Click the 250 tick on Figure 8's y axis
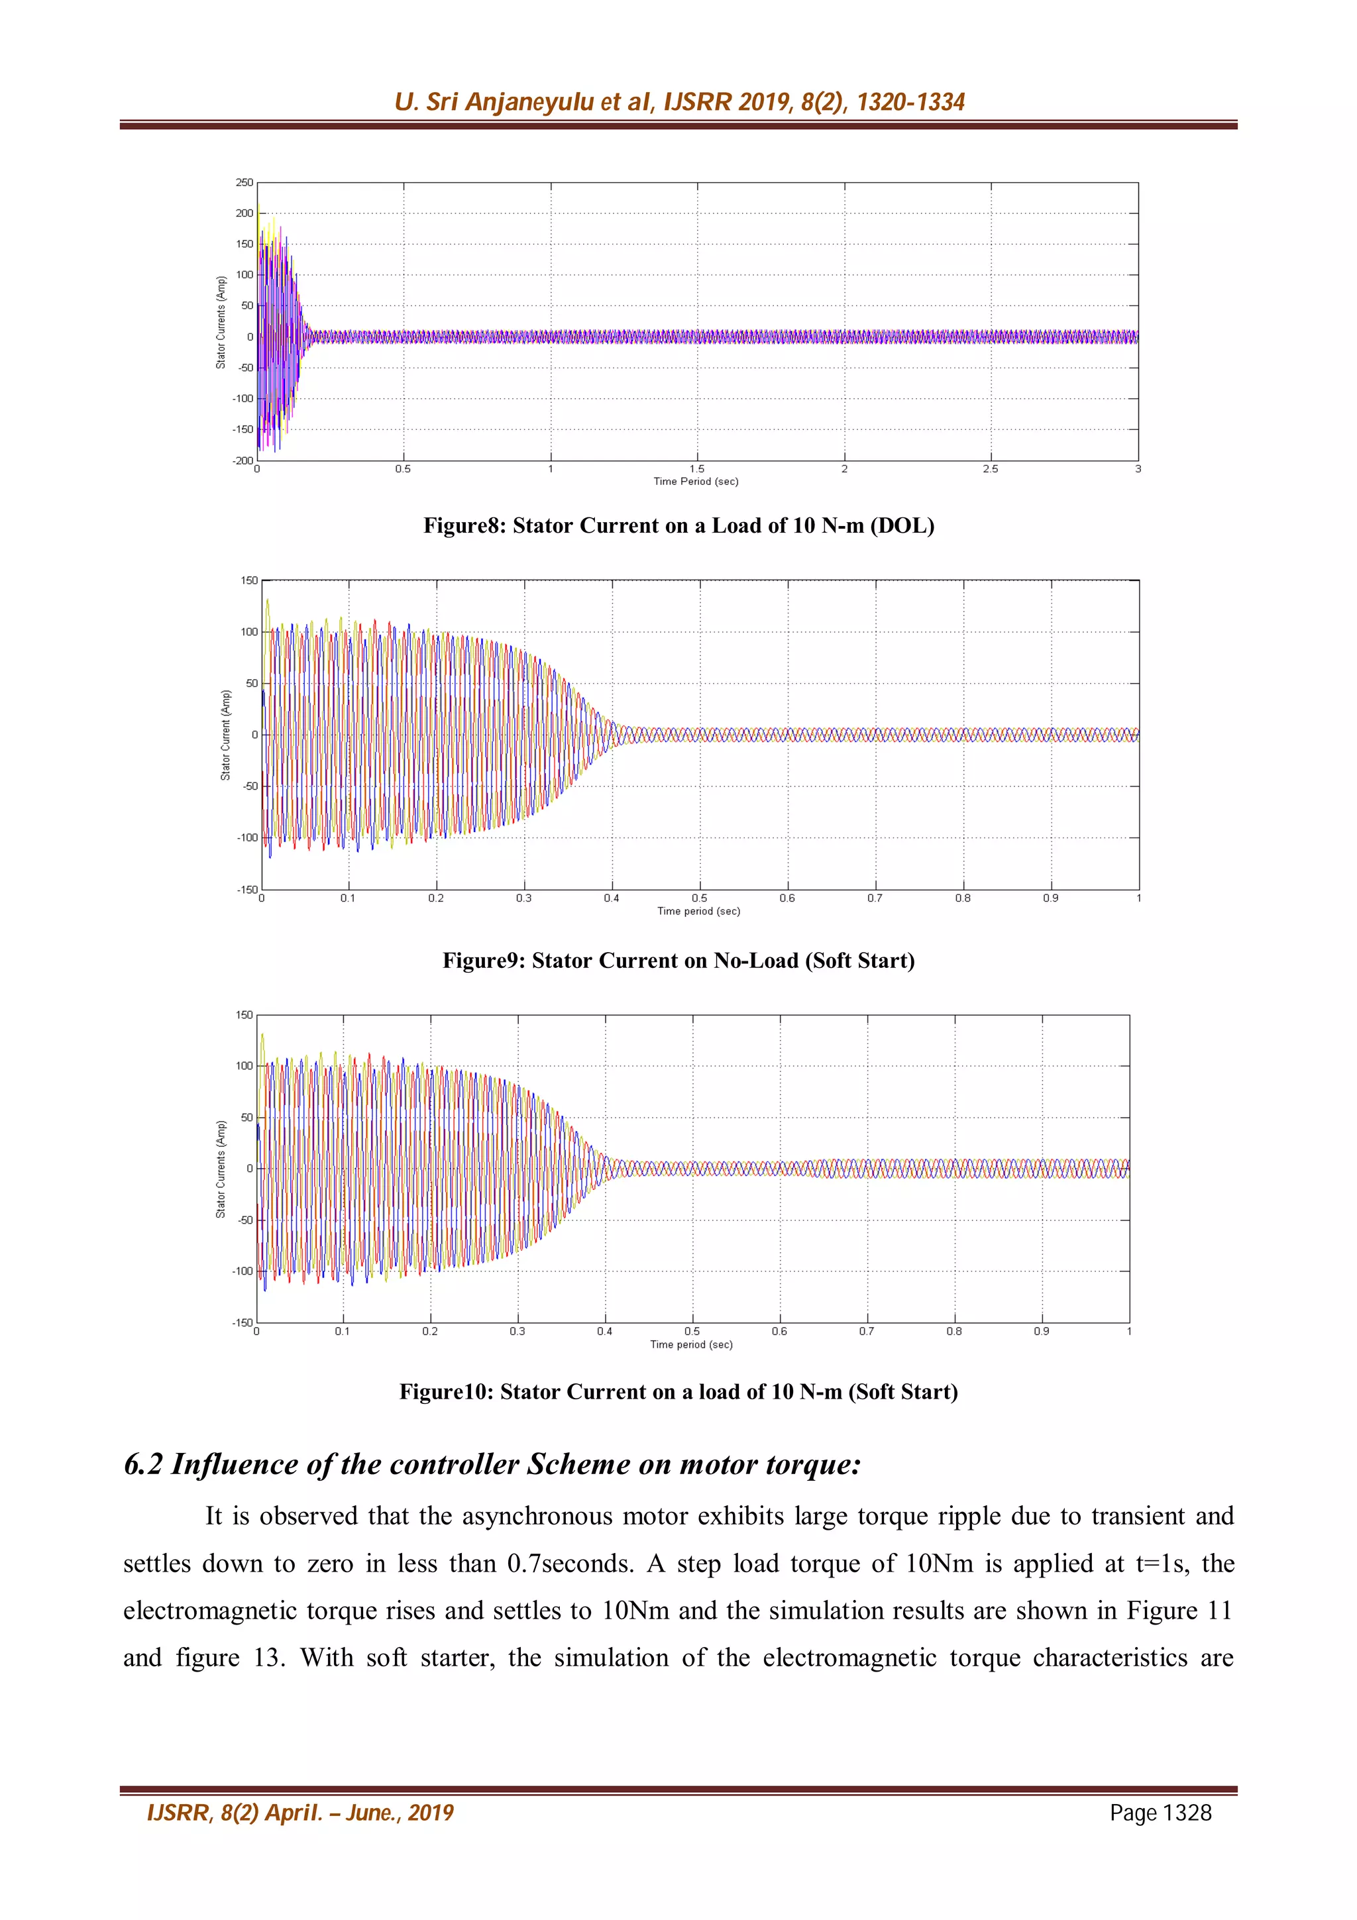click(243, 182)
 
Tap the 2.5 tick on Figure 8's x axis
click(990, 469)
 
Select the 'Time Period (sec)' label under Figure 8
click(696, 482)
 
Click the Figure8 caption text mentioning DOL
click(678, 526)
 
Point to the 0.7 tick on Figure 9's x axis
click(874, 898)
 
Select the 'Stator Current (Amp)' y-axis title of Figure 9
click(225, 735)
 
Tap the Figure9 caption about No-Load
click(678, 961)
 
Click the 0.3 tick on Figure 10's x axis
click(517, 1331)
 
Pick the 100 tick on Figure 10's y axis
click(243, 1066)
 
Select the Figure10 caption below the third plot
click(678, 1393)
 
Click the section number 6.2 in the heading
click(143, 1465)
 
